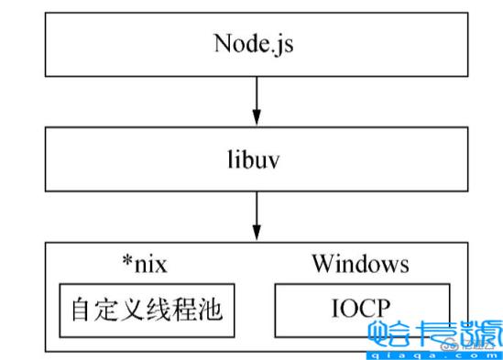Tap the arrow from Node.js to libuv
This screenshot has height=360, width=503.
click(257, 100)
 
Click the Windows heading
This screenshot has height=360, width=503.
click(359, 265)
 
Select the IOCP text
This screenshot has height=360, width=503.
click(361, 309)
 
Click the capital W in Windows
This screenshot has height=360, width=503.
click(322, 265)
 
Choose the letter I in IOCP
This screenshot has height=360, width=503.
click(335, 309)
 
